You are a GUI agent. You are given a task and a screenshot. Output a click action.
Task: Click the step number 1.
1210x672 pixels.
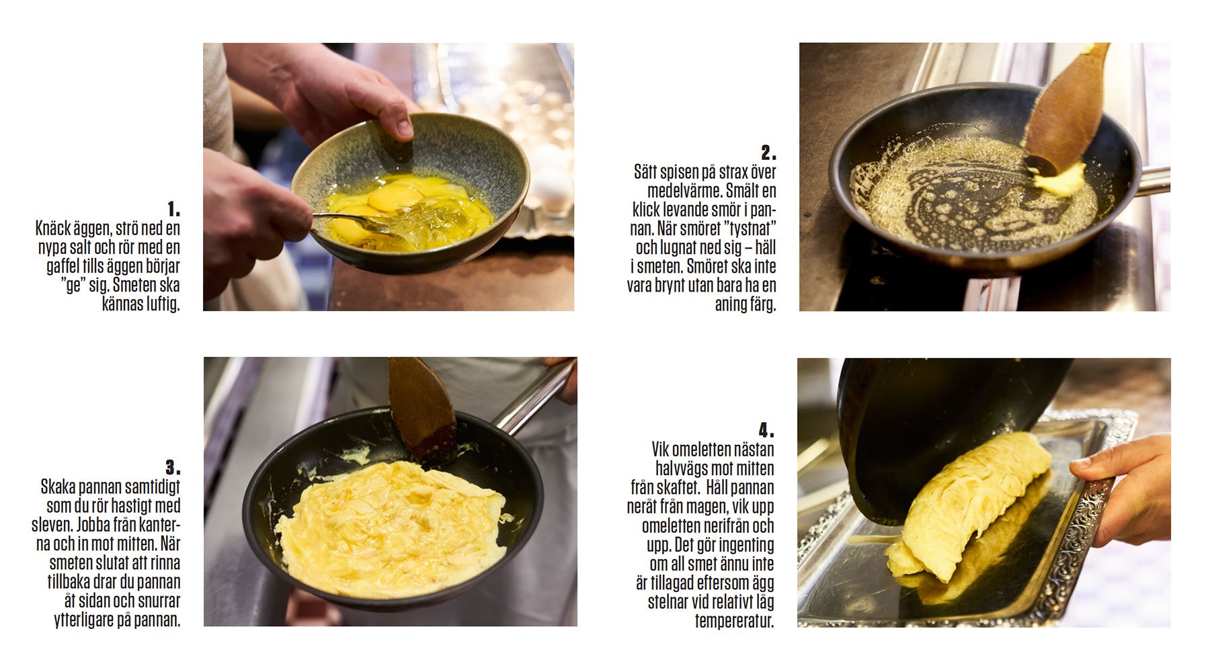point(173,208)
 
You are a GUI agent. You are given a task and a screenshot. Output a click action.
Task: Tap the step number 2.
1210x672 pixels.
point(768,153)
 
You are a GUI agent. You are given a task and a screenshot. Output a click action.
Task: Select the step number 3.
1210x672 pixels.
point(173,467)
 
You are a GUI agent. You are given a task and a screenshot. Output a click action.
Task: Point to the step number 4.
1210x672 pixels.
point(766,430)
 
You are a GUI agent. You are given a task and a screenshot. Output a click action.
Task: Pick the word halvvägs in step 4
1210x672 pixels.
point(682,468)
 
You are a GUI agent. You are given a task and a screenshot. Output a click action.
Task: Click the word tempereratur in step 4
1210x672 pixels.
point(734,621)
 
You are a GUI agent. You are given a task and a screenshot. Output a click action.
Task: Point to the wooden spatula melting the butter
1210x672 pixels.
point(1065,108)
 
